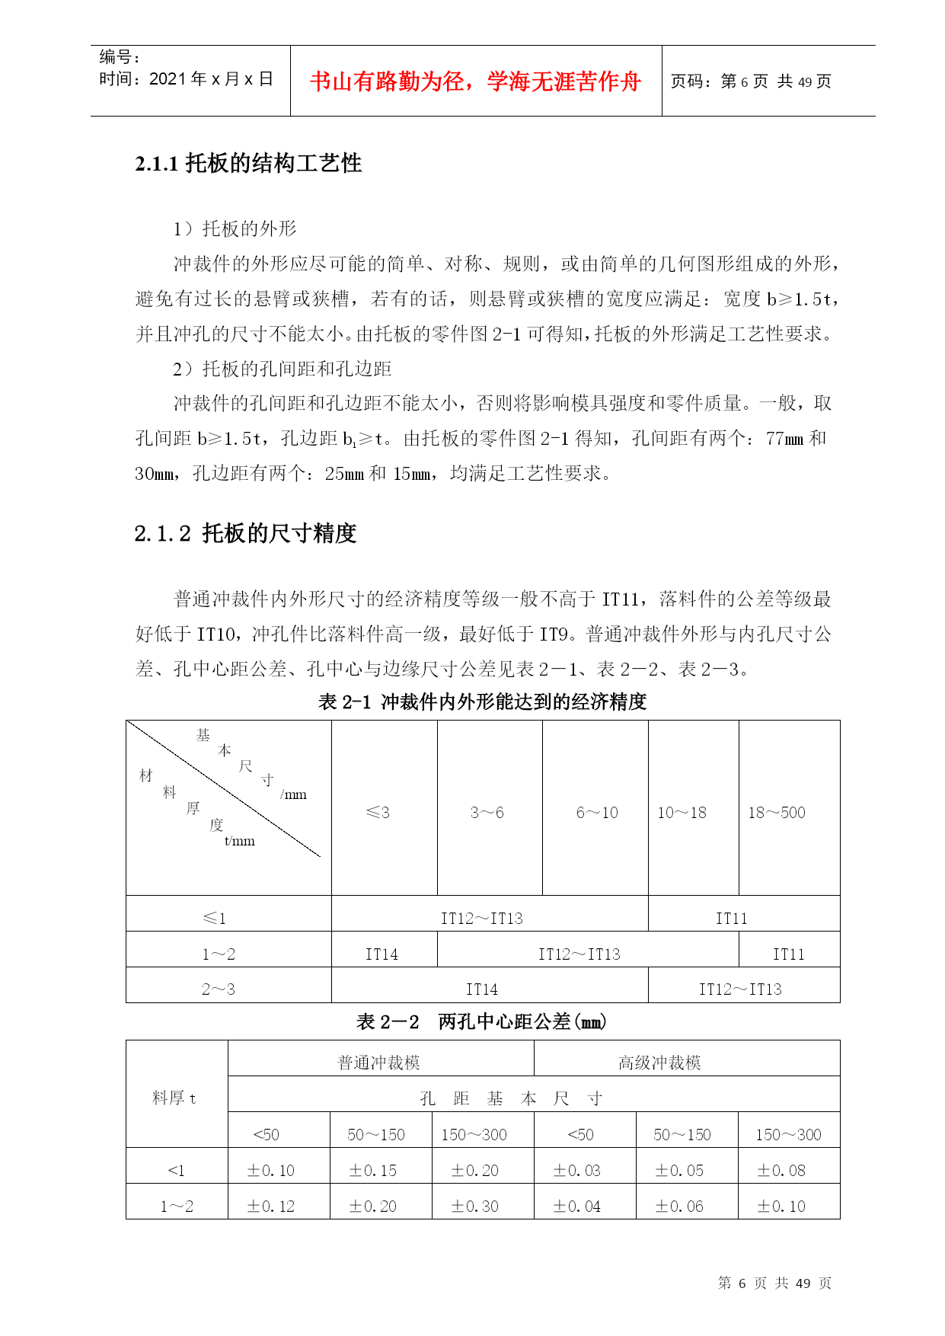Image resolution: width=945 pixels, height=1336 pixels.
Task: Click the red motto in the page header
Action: (x=475, y=82)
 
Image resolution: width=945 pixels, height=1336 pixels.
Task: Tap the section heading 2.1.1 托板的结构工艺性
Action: (x=248, y=164)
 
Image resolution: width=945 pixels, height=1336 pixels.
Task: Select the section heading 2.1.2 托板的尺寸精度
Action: (x=245, y=533)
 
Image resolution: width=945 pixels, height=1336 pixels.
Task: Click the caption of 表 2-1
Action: (x=482, y=702)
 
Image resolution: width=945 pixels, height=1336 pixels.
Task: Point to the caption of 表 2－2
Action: (x=481, y=1021)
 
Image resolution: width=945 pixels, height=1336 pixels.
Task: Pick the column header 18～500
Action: (x=776, y=813)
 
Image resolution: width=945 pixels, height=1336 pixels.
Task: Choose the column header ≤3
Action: (x=378, y=813)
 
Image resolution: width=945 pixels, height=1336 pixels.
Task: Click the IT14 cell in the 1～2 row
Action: (x=382, y=954)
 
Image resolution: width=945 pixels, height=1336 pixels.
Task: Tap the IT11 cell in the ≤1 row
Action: (x=731, y=919)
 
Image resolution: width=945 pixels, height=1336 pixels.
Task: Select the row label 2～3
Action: (x=219, y=989)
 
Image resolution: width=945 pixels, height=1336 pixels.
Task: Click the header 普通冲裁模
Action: (x=379, y=1063)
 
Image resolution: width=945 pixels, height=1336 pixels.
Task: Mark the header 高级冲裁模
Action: (x=659, y=1063)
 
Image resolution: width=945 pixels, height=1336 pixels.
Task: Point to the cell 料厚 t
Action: (x=174, y=1098)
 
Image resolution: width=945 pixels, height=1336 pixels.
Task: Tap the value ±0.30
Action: (x=474, y=1207)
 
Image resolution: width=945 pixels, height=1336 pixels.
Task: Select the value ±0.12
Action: (x=271, y=1207)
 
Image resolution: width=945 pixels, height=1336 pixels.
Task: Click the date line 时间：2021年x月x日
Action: (x=186, y=79)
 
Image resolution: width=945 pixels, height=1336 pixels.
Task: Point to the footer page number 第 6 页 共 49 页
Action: (x=774, y=1283)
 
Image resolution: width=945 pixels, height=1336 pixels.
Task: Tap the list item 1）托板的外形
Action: (x=235, y=229)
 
